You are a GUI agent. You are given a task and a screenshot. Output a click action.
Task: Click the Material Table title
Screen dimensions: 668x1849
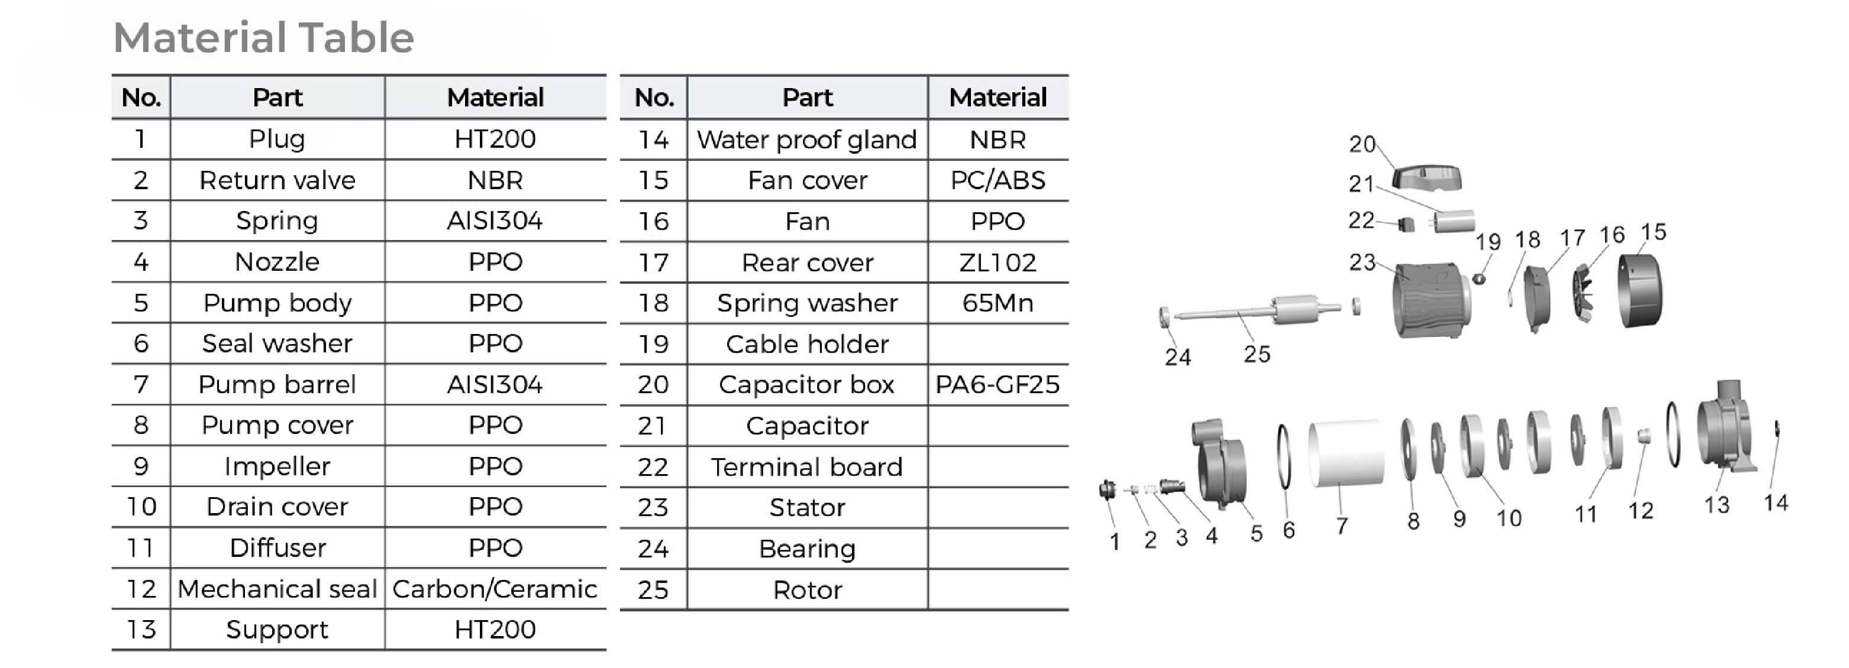click(x=263, y=37)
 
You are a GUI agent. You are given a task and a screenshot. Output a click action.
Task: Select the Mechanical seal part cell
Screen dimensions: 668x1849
click(x=277, y=589)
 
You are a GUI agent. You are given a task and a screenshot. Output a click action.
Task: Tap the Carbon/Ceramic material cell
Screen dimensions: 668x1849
click(x=495, y=589)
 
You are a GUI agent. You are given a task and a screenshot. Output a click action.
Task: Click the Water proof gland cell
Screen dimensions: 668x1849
click(x=807, y=139)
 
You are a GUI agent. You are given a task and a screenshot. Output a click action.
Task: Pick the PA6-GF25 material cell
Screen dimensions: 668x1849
click(x=997, y=385)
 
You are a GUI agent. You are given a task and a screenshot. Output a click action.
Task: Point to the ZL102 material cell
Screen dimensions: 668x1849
click(x=997, y=262)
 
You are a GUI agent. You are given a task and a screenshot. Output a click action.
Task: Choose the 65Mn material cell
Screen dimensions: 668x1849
click(x=997, y=303)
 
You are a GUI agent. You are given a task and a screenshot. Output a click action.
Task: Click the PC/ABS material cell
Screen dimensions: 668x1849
click(x=997, y=180)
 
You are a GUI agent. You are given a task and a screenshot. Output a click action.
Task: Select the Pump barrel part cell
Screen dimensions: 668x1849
click(x=277, y=385)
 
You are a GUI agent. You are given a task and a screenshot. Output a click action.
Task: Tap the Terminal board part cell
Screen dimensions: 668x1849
click(x=807, y=467)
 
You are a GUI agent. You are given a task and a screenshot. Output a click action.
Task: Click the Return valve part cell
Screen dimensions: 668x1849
click(x=277, y=180)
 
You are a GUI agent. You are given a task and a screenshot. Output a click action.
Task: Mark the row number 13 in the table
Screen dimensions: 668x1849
click(x=141, y=629)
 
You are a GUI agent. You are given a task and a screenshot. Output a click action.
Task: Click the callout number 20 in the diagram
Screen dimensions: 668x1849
click(x=1361, y=144)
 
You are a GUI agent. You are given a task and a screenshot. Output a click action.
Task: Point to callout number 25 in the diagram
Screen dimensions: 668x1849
click(x=1257, y=354)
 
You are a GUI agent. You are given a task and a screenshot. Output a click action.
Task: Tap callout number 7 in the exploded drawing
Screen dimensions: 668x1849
click(x=1341, y=526)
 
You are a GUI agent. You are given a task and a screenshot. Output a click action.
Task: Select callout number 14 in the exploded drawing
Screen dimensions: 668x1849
click(x=1776, y=502)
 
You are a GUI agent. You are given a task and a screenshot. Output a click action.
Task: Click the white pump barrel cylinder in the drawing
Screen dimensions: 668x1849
click(x=1346, y=453)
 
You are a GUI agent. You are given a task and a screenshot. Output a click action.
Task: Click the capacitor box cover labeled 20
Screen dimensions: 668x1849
click(x=1427, y=177)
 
